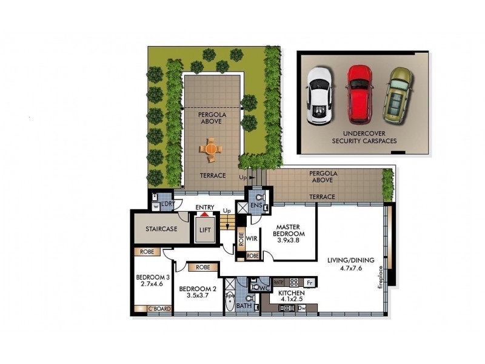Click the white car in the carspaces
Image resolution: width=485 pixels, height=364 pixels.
319,95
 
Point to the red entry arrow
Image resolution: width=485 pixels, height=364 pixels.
205,214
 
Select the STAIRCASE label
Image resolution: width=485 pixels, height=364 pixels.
161,229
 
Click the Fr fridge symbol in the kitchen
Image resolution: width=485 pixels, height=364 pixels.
309,282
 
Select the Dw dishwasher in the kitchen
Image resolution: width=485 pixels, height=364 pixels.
302,308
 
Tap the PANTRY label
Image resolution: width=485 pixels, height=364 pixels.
279,282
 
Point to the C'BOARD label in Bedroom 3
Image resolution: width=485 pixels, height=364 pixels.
159,309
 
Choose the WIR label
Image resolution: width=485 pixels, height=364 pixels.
252,238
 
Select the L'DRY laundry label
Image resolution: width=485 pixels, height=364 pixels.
167,205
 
